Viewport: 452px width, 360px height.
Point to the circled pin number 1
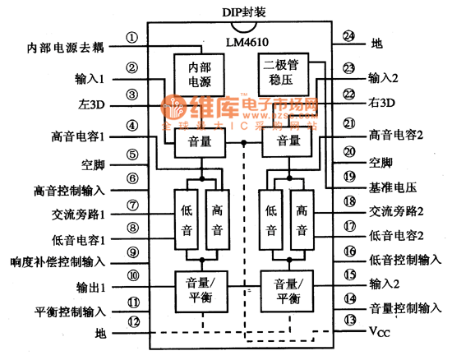pos(131,38)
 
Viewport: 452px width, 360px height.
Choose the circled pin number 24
pos(348,37)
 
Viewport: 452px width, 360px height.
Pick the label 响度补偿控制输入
pos(57,262)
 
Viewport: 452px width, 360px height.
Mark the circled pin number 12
pos(131,321)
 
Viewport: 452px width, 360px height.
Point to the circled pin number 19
pos(348,176)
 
